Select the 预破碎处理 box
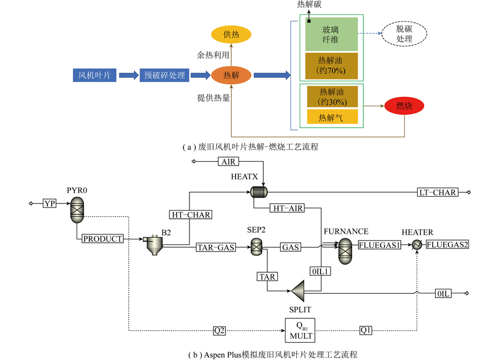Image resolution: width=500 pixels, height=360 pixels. (x=164, y=75)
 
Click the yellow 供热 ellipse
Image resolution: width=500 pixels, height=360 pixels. (x=231, y=34)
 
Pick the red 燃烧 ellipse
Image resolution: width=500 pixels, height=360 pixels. (x=404, y=106)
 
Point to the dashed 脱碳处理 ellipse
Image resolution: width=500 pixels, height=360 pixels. (x=404, y=34)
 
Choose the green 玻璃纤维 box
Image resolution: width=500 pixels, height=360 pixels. (x=331, y=34)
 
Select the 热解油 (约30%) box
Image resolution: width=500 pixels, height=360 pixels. (x=331, y=97)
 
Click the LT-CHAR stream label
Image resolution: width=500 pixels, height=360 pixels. (x=437, y=193)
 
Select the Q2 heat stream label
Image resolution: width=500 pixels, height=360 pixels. (x=219, y=330)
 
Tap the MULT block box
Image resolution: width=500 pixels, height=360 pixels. (x=299, y=331)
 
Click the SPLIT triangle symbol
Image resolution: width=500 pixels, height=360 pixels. (x=298, y=289)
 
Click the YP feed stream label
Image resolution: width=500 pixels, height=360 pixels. (x=49, y=204)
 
